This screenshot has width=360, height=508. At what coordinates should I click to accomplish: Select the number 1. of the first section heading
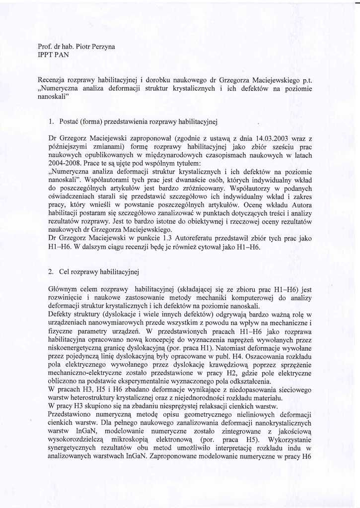tap(52, 121)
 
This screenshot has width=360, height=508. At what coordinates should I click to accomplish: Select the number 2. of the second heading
tap(52, 272)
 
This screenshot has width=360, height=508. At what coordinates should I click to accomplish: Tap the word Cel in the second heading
tap(65, 272)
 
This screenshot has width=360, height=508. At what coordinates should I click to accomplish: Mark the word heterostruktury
tap(94, 398)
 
